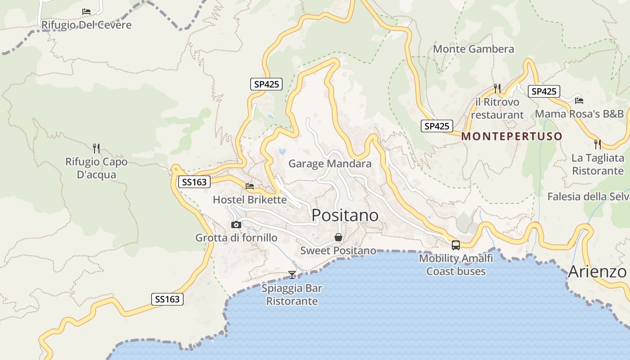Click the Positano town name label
(345, 216)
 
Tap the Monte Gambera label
(473, 49)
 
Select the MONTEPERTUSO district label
(512, 136)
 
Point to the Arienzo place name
(597, 272)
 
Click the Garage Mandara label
(330, 163)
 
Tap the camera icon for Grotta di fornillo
(236, 225)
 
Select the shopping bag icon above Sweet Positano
(338, 237)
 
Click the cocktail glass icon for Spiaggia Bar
(292, 274)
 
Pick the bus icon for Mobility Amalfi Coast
(456, 245)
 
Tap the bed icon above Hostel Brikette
(250, 186)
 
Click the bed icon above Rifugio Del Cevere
(86, 11)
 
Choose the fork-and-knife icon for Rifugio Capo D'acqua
(96, 148)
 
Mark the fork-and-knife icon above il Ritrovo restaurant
(497, 88)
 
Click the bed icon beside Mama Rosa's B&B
(579, 101)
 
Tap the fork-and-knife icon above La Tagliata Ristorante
(597, 144)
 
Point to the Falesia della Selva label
(588, 197)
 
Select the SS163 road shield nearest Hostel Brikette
(194, 182)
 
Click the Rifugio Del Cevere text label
(86, 25)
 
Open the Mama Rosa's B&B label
(579, 113)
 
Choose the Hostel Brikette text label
(250, 199)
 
